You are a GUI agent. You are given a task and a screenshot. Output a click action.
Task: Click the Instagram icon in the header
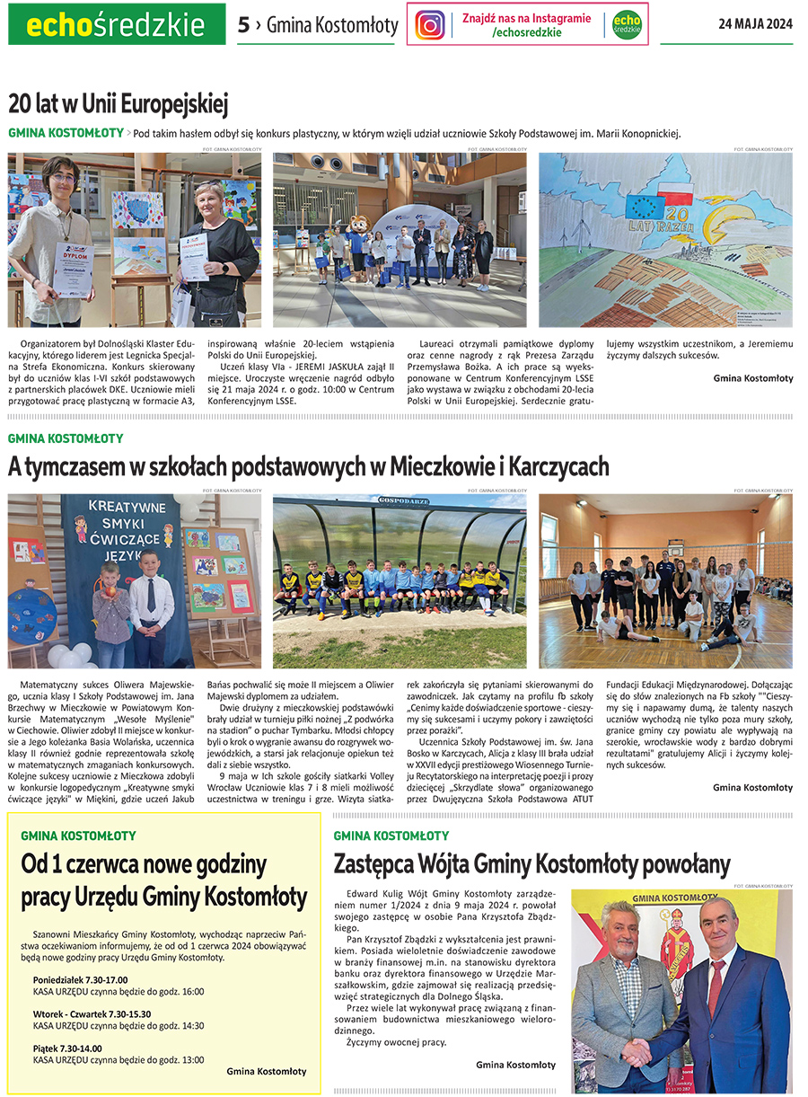coord(430,24)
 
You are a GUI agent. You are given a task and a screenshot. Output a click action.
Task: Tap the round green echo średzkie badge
coord(627,24)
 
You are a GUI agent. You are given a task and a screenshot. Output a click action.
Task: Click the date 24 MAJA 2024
coord(755,24)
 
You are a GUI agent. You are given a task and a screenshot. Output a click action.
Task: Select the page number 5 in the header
coord(243,25)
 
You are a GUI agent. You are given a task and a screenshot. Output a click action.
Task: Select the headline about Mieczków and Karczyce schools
coord(308,467)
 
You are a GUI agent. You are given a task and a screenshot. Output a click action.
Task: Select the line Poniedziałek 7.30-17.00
coord(80,979)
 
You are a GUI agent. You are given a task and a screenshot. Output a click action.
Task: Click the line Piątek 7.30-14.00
coord(67,1048)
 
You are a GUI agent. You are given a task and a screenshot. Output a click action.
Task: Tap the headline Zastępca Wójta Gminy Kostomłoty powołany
coord(531,864)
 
